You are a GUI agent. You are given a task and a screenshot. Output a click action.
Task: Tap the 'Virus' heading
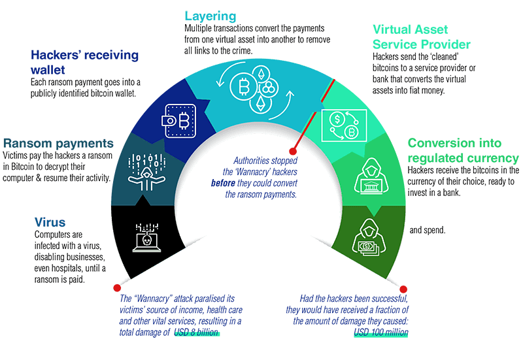point(51,222)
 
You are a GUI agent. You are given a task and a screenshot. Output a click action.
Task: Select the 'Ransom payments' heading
point(59,142)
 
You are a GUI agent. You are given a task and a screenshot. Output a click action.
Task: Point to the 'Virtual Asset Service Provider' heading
point(421,37)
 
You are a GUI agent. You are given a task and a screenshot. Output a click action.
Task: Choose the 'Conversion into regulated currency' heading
point(463,150)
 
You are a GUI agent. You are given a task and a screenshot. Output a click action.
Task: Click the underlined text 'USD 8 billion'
point(197,333)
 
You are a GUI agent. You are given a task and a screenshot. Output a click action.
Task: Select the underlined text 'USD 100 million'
point(381,333)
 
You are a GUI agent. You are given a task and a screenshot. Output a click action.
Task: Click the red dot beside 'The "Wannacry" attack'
point(117,287)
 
